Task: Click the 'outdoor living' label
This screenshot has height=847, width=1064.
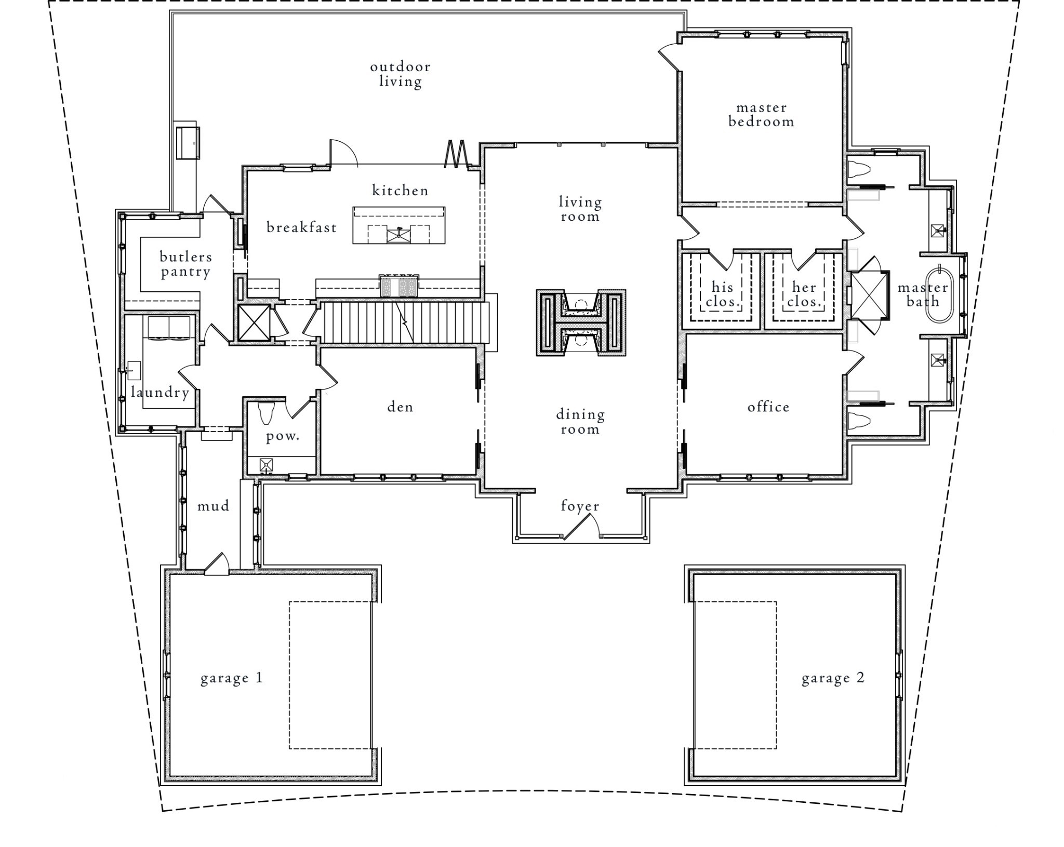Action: click(400, 74)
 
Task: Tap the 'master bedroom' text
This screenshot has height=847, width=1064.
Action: click(761, 115)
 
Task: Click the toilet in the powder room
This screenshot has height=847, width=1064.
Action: click(265, 413)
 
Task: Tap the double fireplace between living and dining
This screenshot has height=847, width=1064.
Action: click(581, 322)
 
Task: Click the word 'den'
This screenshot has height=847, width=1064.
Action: click(400, 407)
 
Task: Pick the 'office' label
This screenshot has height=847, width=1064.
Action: click(768, 407)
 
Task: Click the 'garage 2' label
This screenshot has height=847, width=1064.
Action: click(833, 678)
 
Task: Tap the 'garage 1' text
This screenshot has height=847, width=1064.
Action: click(232, 678)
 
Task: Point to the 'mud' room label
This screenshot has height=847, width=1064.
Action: click(213, 506)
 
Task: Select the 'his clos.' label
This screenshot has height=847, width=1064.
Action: click(722, 294)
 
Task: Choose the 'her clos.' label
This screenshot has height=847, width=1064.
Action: click(803, 294)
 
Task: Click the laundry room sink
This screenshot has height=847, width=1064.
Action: click(134, 371)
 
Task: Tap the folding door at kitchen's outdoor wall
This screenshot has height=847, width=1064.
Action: click(456, 154)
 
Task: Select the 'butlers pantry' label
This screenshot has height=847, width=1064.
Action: click(185, 264)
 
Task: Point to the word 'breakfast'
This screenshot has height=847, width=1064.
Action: click(301, 227)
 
